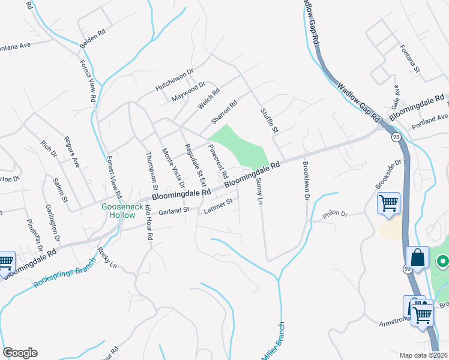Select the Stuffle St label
coord(270,121)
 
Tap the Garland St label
coord(173,211)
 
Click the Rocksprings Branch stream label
coord(65,272)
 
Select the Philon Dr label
coord(335,214)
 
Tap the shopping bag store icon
coord(417,259)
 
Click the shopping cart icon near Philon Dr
coord(388,203)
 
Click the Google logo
coord(20,353)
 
